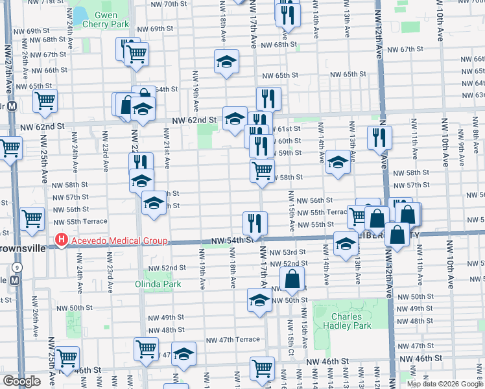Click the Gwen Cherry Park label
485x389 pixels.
tap(101, 19)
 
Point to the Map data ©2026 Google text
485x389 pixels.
tap(444, 383)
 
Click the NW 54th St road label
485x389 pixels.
tap(230, 241)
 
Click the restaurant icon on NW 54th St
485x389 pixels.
tap(255, 223)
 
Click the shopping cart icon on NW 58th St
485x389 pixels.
tap(262, 171)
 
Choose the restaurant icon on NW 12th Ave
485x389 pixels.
tap(379, 137)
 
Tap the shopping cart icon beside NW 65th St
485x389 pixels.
tap(45, 100)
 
